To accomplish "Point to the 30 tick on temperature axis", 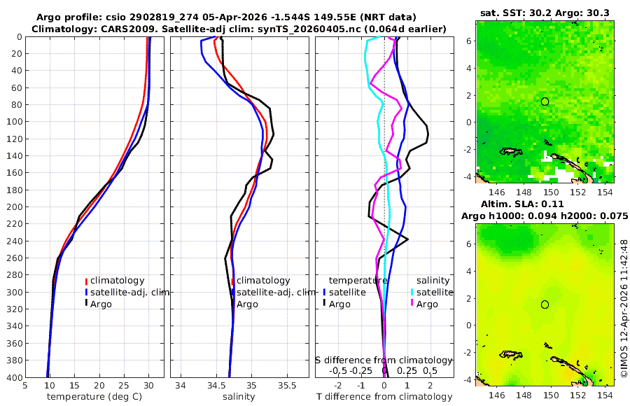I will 148,386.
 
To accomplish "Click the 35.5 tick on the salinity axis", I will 287,386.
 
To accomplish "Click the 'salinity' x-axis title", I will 238,397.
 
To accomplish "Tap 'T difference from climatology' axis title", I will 385,397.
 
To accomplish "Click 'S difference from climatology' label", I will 385,360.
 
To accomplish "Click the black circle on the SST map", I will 545,101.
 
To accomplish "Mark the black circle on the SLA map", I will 545,304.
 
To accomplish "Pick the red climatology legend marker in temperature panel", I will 87,281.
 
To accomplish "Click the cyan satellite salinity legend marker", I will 412,292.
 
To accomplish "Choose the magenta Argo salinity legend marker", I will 412,304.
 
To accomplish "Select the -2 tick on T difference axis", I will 339,386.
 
